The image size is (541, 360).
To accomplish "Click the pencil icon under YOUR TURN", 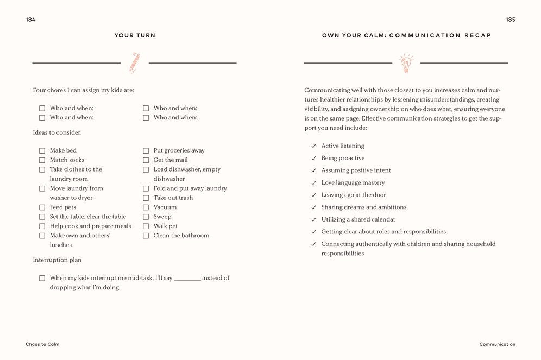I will tap(135, 62).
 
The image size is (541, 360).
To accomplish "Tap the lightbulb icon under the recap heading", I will tap(406, 63).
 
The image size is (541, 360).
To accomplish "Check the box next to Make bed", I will tap(42, 150).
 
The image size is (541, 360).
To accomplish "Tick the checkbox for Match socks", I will tap(42, 160).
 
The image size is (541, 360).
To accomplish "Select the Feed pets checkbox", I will tap(42, 207).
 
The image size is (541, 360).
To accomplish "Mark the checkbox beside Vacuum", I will tap(146, 207).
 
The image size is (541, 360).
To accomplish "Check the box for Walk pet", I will tap(146, 226).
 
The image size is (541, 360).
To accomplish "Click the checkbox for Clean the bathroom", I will tap(146, 236).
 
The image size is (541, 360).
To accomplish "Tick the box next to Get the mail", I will tap(146, 160).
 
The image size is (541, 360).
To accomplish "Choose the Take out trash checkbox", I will tap(146, 198).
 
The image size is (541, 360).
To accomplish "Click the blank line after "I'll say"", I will tap(187, 279).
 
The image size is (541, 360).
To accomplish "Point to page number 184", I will tap(30, 20).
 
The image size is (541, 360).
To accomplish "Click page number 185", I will tap(510, 20).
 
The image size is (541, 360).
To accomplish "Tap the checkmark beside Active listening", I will tap(313, 146).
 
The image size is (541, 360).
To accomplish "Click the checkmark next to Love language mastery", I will tap(313, 183).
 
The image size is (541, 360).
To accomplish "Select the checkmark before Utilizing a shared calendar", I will tap(313, 220).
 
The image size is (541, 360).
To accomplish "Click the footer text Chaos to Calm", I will tap(42, 344).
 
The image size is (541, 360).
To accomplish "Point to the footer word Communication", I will tap(497, 344).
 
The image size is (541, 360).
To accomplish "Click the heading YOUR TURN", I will tap(135, 35).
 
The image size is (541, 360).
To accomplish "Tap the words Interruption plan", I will tap(57, 260).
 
